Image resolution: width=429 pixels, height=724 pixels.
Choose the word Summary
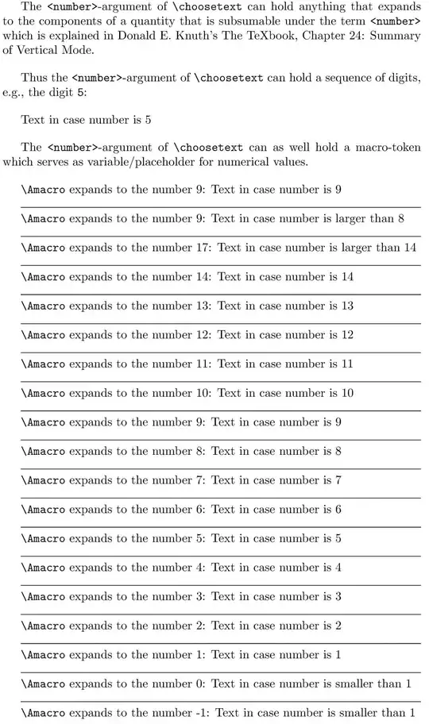coord(395,36)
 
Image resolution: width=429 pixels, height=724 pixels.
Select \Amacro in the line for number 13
coord(43,306)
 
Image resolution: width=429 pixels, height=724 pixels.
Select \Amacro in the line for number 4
coord(43,568)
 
